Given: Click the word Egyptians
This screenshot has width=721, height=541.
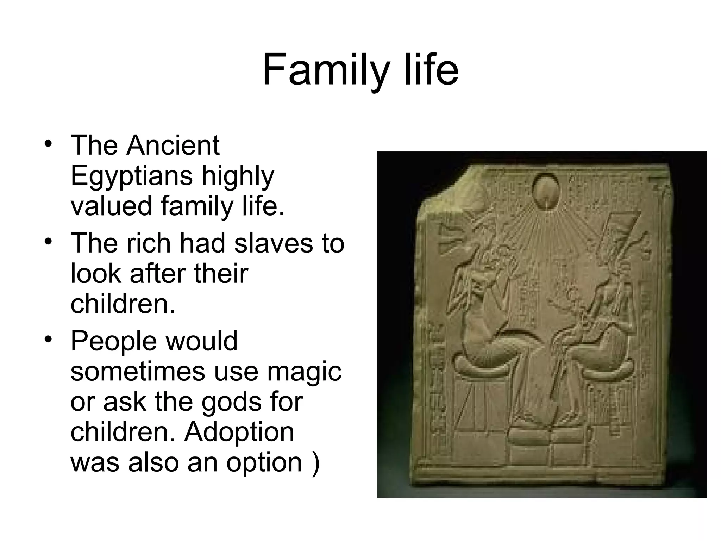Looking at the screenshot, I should pos(131,176).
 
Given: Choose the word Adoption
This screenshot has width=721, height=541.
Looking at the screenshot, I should pos(239,432).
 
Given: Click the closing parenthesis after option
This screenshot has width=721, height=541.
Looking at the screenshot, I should pos(316,462).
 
